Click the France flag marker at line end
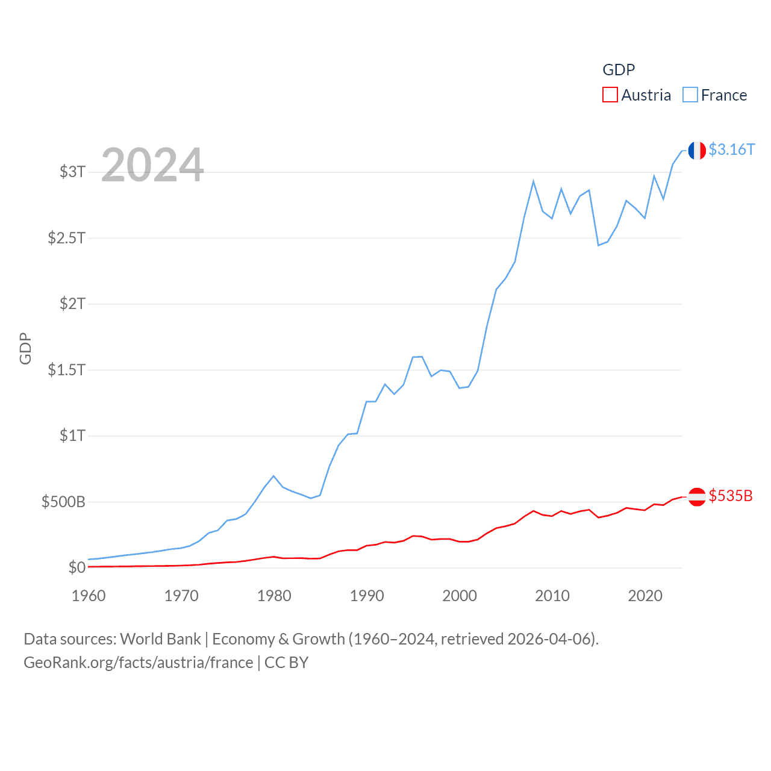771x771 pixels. point(697,151)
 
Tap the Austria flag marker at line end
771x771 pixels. point(697,497)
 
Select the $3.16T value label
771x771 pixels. point(731,149)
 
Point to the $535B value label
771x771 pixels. point(731,496)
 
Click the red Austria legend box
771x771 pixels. point(610,95)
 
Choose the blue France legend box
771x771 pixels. point(690,95)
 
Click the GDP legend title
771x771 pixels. point(619,70)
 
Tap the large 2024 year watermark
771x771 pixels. point(152,165)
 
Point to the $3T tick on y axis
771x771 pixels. point(72,172)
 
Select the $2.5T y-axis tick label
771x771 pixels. point(67,238)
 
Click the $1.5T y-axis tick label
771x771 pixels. point(67,369)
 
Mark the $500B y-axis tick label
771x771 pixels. point(63,502)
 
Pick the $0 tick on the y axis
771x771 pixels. point(77,567)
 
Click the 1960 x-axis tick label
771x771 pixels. point(89,596)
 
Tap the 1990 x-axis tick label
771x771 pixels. point(367,596)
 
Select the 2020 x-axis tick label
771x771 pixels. point(645,596)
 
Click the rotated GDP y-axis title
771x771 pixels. point(25,348)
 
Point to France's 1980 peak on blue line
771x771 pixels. point(273,476)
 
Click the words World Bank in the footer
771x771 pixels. point(160,639)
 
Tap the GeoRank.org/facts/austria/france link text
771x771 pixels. point(139,663)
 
